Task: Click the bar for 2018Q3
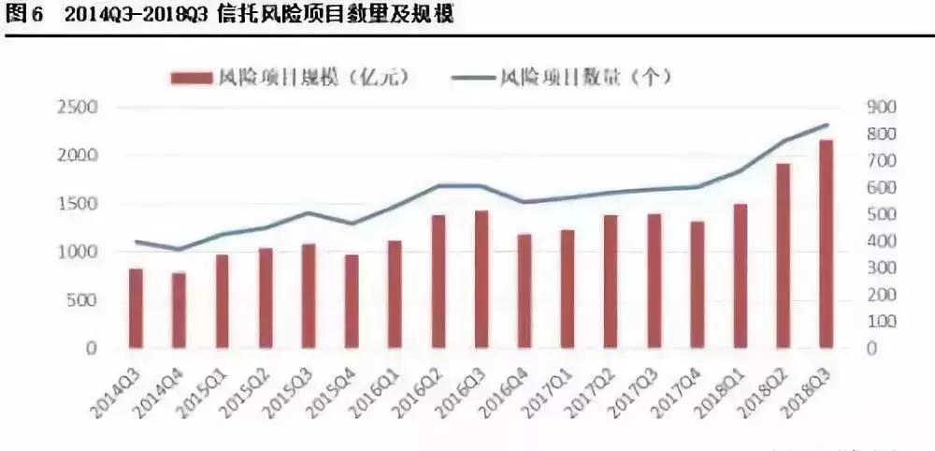[826, 244]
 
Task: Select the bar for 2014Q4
[178, 310]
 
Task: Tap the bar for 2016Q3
[482, 280]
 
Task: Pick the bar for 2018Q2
[783, 255]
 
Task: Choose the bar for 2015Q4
[351, 301]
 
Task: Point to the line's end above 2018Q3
[827, 124]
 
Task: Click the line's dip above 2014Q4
[178, 250]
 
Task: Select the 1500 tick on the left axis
[79, 204]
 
